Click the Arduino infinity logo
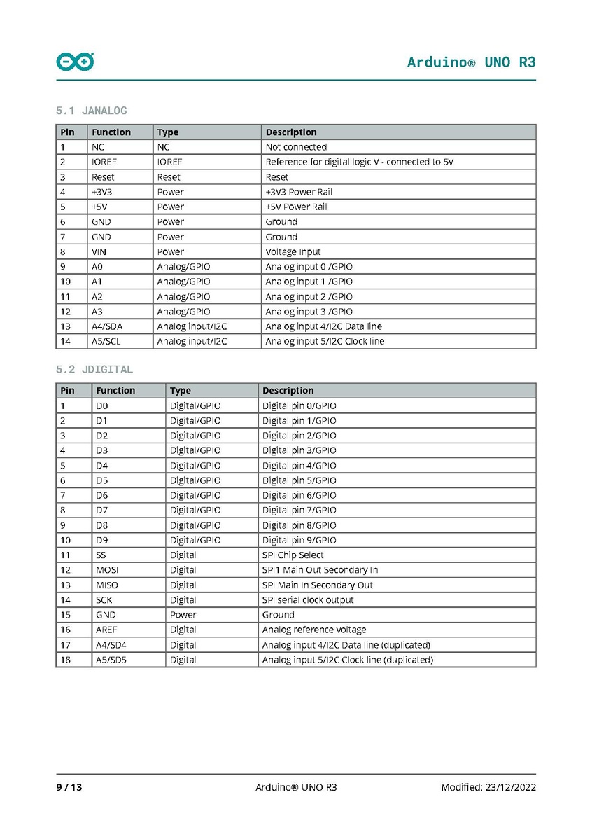pyautogui.click(x=75, y=62)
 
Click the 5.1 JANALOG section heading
pyautogui.click(x=91, y=111)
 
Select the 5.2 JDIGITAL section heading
pyautogui.click(x=94, y=369)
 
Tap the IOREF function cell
pyautogui.click(x=104, y=162)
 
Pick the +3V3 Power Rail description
pyautogui.click(x=299, y=192)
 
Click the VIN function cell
pyautogui.click(x=99, y=251)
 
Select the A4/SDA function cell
pyautogui.click(x=107, y=326)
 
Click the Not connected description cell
pyautogui.click(x=296, y=147)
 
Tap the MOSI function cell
pyautogui.click(x=107, y=570)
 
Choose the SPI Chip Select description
pyautogui.click(x=293, y=555)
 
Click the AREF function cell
pyautogui.click(x=106, y=630)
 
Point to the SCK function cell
pyautogui.click(x=104, y=600)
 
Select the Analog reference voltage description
pyautogui.click(x=313, y=630)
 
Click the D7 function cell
pyautogui.click(x=102, y=511)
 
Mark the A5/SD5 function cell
pyautogui.click(x=111, y=660)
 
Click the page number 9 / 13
pyautogui.click(x=69, y=787)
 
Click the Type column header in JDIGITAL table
pyautogui.click(x=180, y=391)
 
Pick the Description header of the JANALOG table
pyautogui.click(x=291, y=132)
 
